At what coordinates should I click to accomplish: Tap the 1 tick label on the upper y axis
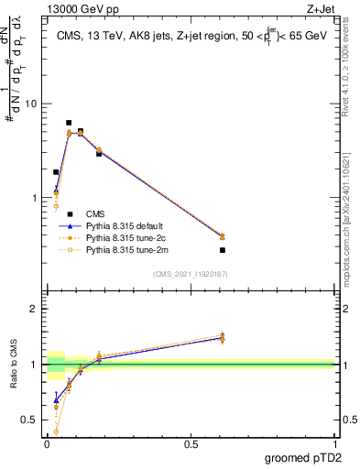(33, 198)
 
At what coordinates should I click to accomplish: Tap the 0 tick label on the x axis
(46, 444)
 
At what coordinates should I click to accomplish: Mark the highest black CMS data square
(69, 123)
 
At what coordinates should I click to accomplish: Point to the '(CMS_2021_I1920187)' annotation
(191, 273)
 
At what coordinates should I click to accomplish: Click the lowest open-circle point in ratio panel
(56, 431)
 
